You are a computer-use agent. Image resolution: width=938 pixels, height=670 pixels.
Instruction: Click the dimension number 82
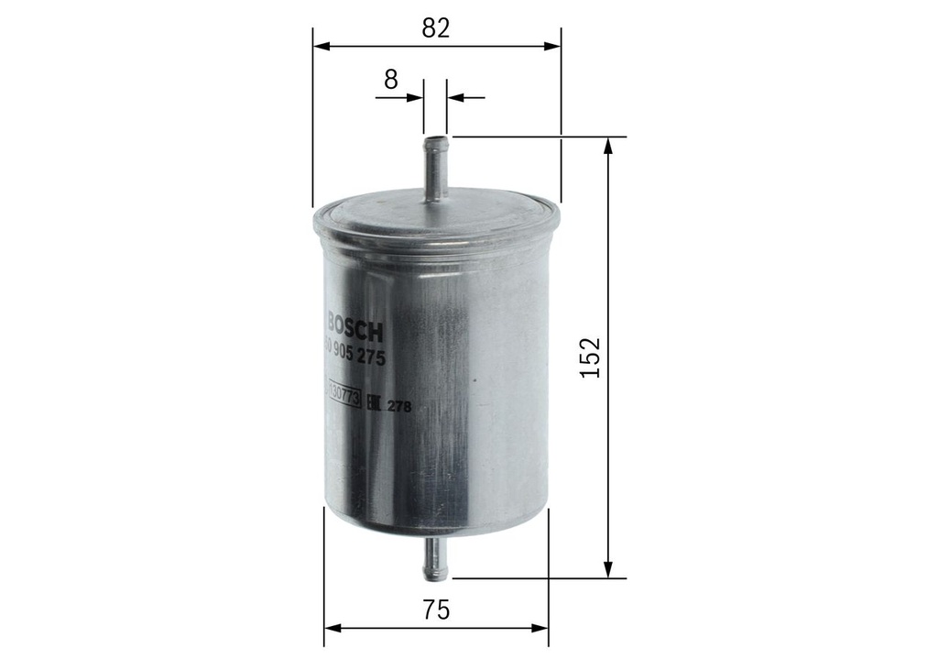(436, 27)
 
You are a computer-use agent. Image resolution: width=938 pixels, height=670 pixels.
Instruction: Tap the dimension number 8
(391, 79)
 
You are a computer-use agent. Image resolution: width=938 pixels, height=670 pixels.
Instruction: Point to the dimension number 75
(436, 610)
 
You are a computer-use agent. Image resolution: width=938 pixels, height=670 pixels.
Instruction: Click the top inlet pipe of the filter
(435, 170)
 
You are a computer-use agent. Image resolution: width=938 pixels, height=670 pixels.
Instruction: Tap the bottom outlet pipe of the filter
(435, 558)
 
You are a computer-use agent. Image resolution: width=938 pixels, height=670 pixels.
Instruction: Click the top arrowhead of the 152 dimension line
(607, 144)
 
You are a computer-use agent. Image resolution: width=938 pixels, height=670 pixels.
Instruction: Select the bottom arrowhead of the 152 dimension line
(607, 571)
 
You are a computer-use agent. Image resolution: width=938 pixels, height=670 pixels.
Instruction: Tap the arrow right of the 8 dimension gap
(455, 95)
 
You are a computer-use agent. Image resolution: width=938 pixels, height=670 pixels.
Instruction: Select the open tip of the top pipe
(435, 139)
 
